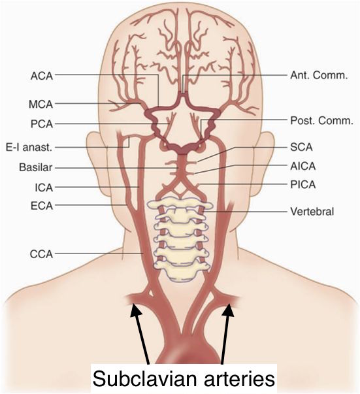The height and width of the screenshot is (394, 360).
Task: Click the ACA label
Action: click(x=42, y=76)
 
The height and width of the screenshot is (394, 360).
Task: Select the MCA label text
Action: click(x=41, y=105)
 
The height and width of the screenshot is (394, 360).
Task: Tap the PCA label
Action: click(x=42, y=124)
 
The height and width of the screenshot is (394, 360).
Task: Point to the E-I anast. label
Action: click(x=29, y=147)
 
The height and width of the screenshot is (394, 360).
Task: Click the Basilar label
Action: click(x=36, y=167)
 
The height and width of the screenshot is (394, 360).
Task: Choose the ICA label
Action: click(x=44, y=188)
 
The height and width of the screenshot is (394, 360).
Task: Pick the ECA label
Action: click(x=42, y=206)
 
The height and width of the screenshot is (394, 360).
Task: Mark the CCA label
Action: click(x=41, y=254)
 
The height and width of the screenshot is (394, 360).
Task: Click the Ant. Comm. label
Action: click(x=319, y=75)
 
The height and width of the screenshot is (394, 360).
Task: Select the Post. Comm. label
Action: click(x=322, y=121)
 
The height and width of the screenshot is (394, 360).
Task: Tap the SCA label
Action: click(x=301, y=147)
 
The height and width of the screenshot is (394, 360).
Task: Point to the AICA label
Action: click(x=303, y=166)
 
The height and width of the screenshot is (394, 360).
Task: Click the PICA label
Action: click(x=303, y=185)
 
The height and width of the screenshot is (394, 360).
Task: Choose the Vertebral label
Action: click(x=312, y=212)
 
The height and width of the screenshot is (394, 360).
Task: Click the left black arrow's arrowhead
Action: click(x=136, y=309)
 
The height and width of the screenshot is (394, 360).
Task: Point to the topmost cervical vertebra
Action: click(x=180, y=204)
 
